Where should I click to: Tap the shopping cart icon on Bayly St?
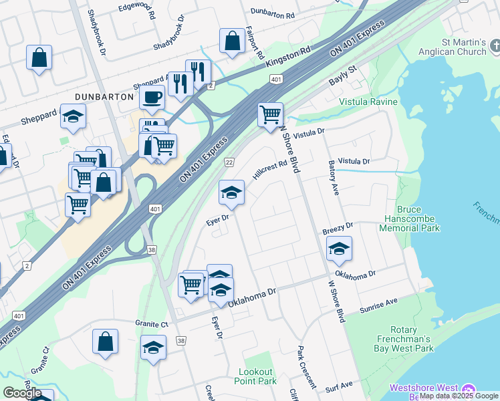pyautogui.click(x=270, y=114)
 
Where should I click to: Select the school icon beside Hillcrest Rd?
pyautogui.click(x=231, y=192)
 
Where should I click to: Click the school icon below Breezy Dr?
pyautogui.click(x=339, y=249)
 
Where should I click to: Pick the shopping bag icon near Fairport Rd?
pyautogui.click(x=231, y=41)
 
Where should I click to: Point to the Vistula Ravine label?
pyautogui.click(x=368, y=102)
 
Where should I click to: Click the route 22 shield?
pyautogui.click(x=229, y=162)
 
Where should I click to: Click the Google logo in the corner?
pyautogui.click(x=22, y=393)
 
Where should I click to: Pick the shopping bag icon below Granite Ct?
pyautogui.click(x=106, y=342)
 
